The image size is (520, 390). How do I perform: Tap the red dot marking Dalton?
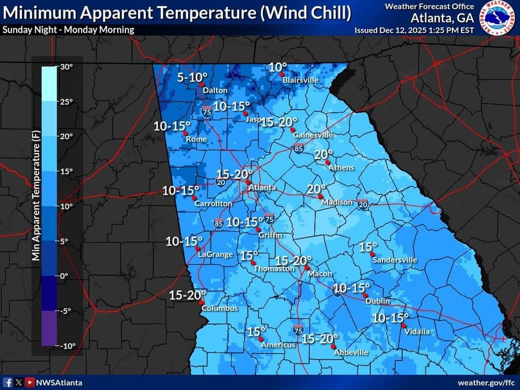(202, 85)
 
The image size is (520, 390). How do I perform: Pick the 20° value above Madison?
(316, 188)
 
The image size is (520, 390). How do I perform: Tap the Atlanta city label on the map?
(262, 188)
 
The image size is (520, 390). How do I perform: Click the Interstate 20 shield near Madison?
(363, 205)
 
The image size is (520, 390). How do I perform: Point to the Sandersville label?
(395, 260)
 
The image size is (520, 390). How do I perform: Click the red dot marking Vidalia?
(403, 326)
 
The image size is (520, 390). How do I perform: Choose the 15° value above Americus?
(255, 332)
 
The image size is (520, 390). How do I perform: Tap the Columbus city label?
(220, 309)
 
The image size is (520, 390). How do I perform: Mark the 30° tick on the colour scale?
(67, 67)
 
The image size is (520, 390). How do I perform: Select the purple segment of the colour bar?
(49, 328)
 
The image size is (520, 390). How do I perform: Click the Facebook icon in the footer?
(8, 382)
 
